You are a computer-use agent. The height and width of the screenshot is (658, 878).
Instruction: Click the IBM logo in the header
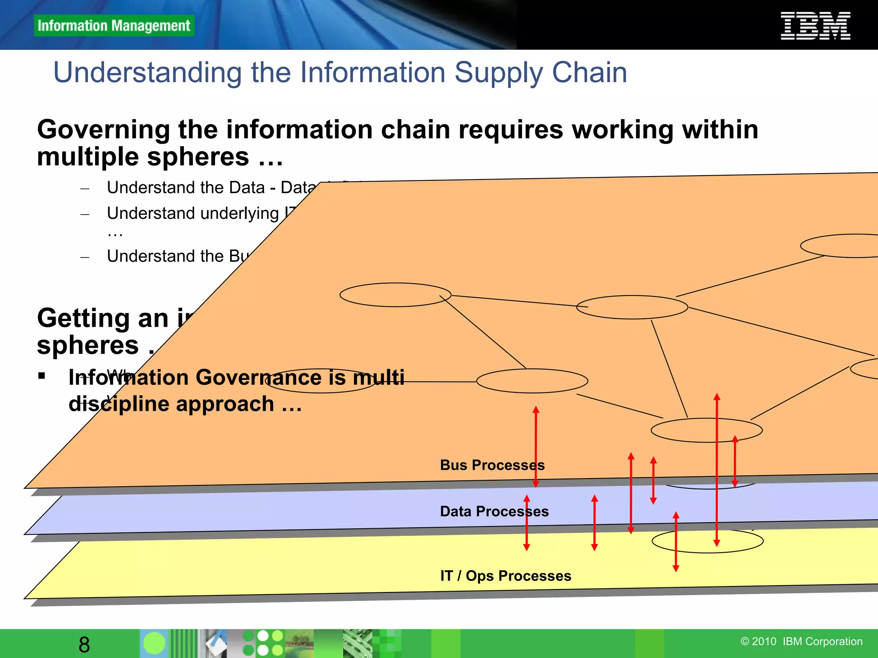[x=815, y=26]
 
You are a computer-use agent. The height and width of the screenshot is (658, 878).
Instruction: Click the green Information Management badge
[x=114, y=26]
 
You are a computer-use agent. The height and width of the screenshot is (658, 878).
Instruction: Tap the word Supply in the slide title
[x=498, y=72]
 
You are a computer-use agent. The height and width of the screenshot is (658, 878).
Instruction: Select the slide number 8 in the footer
[x=84, y=644]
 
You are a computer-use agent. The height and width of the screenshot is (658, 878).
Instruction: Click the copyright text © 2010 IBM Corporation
[x=801, y=641]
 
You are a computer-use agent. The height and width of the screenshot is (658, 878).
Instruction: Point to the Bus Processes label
[x=492, y=465]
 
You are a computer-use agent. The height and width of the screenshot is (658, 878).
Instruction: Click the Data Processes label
[x=494, y=511]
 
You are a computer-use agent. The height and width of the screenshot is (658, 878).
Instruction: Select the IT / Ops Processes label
[x=505, y=576]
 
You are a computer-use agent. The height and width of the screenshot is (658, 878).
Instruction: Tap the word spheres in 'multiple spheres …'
[x=198, y=157]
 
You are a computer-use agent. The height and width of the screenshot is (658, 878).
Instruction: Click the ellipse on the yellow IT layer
[x=707, y=541]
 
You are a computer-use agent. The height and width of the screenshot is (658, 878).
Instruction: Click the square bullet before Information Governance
[x=42, y=376]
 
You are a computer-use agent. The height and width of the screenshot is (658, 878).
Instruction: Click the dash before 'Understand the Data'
[x=85, y=188]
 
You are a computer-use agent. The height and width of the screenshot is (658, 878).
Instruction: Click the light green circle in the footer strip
[x=154, y=643]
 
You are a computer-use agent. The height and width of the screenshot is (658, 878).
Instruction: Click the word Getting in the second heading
[x=83, y=318]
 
